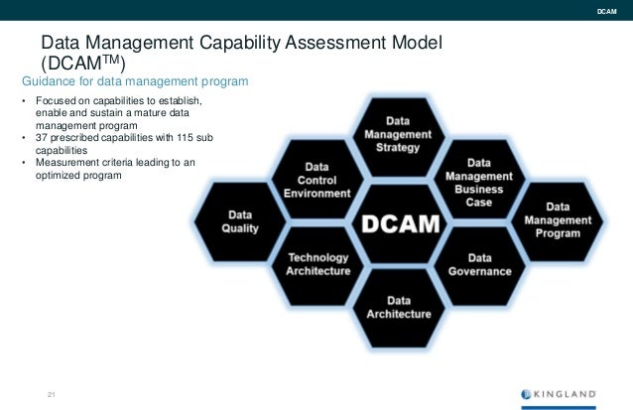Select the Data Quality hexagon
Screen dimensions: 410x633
coord(242,221)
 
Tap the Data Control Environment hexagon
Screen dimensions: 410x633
coord(317,180)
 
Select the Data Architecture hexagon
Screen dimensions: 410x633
coord(398,307)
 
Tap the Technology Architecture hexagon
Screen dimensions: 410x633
coord(317,263)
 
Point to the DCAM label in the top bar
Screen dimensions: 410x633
coord(605,12)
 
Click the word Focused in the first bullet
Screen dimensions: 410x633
coord(56,101)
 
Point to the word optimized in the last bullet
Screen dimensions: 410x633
coord(59,175)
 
